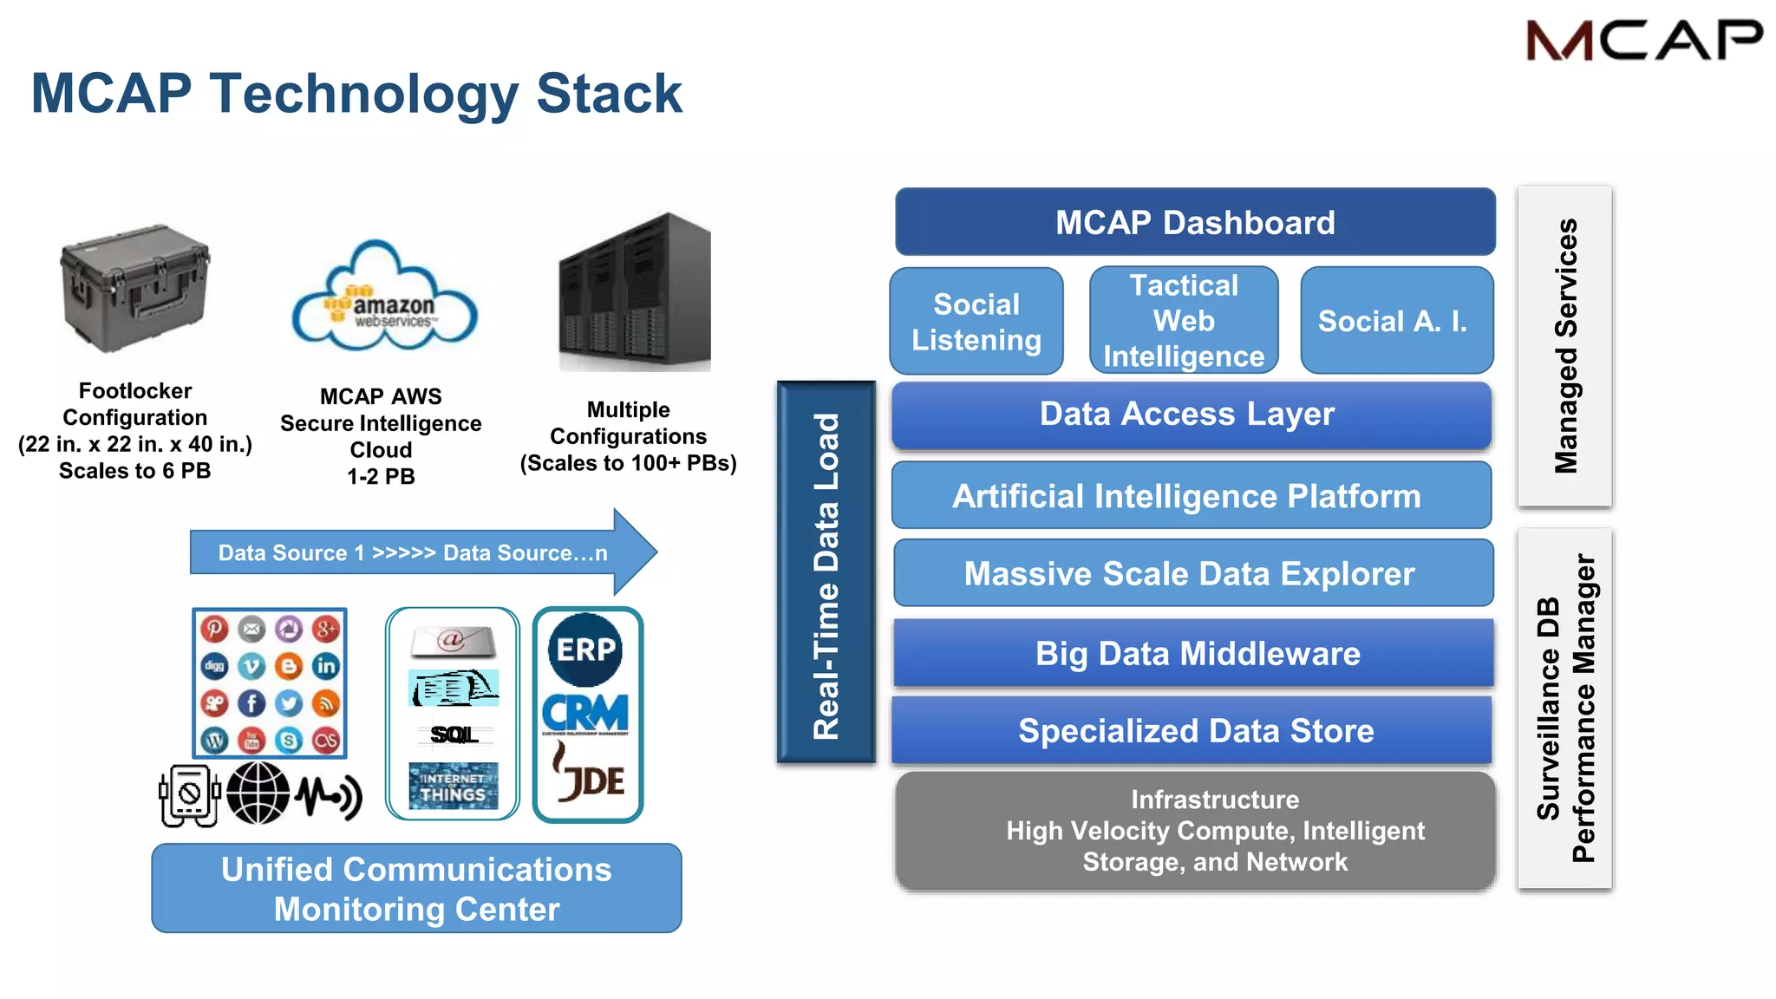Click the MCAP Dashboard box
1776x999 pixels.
coord(1195,222)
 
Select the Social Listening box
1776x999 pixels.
coord(976,322)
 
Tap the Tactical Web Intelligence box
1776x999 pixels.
coord(1184,321)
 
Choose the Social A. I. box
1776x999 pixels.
coord(1396,321)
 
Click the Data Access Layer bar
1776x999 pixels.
coord(1191,415)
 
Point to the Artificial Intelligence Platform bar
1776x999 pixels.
coord(1191,496)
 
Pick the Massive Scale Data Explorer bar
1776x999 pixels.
coord(1192,573)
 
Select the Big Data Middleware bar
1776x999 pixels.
coord(1194,653)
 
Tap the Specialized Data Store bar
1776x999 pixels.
coord(1192,730)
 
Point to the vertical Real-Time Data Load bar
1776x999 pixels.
coord(826,573)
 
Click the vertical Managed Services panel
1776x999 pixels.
coord(1564,346)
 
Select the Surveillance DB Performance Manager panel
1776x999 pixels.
coord(1564,708)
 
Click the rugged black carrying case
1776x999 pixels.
coord(135,289)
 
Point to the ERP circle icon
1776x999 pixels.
coord(585,650)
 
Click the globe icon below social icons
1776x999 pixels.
coord(258,793)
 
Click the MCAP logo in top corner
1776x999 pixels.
coord(1643,41)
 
